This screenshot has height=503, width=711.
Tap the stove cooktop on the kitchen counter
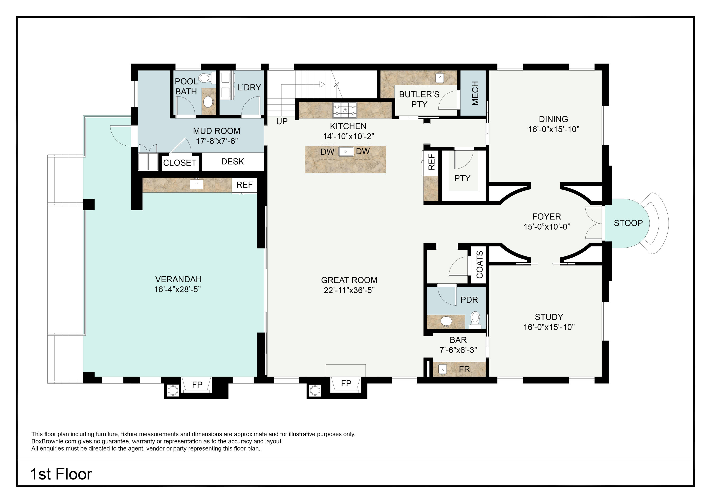pyautogui.click(x=345, y=110)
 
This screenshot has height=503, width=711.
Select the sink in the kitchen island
pyautogui.click(x=346, y=152)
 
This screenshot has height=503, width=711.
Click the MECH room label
pyautogui.click(x=475, y=93)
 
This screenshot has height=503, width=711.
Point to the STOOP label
pyautogui.click(x=628, y=223)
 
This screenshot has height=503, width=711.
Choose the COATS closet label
pyautogui.click(x=479, y=264)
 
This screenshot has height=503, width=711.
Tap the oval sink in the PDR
pyautogui.click(x=446, y=321)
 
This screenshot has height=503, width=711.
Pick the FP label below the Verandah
pyautogui.click(x=197, y=385)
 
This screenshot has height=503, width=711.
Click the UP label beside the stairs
pyautogui.click(x=282, y=121)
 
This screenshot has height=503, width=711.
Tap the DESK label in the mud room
pyautogui.click(x=232, y=162)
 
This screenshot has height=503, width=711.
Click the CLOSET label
pyautogui.click(x=180, y=163)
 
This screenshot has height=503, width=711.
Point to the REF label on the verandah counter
pyautogui.click(x=244, y=185)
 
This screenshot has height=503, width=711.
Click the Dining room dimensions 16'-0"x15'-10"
pyautogui.click(x=553, y=129)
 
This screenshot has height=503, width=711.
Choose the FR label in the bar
pyautogui.click(x=464, y=369)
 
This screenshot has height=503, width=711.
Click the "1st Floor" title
pyautogui.click(x=61, y=474)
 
